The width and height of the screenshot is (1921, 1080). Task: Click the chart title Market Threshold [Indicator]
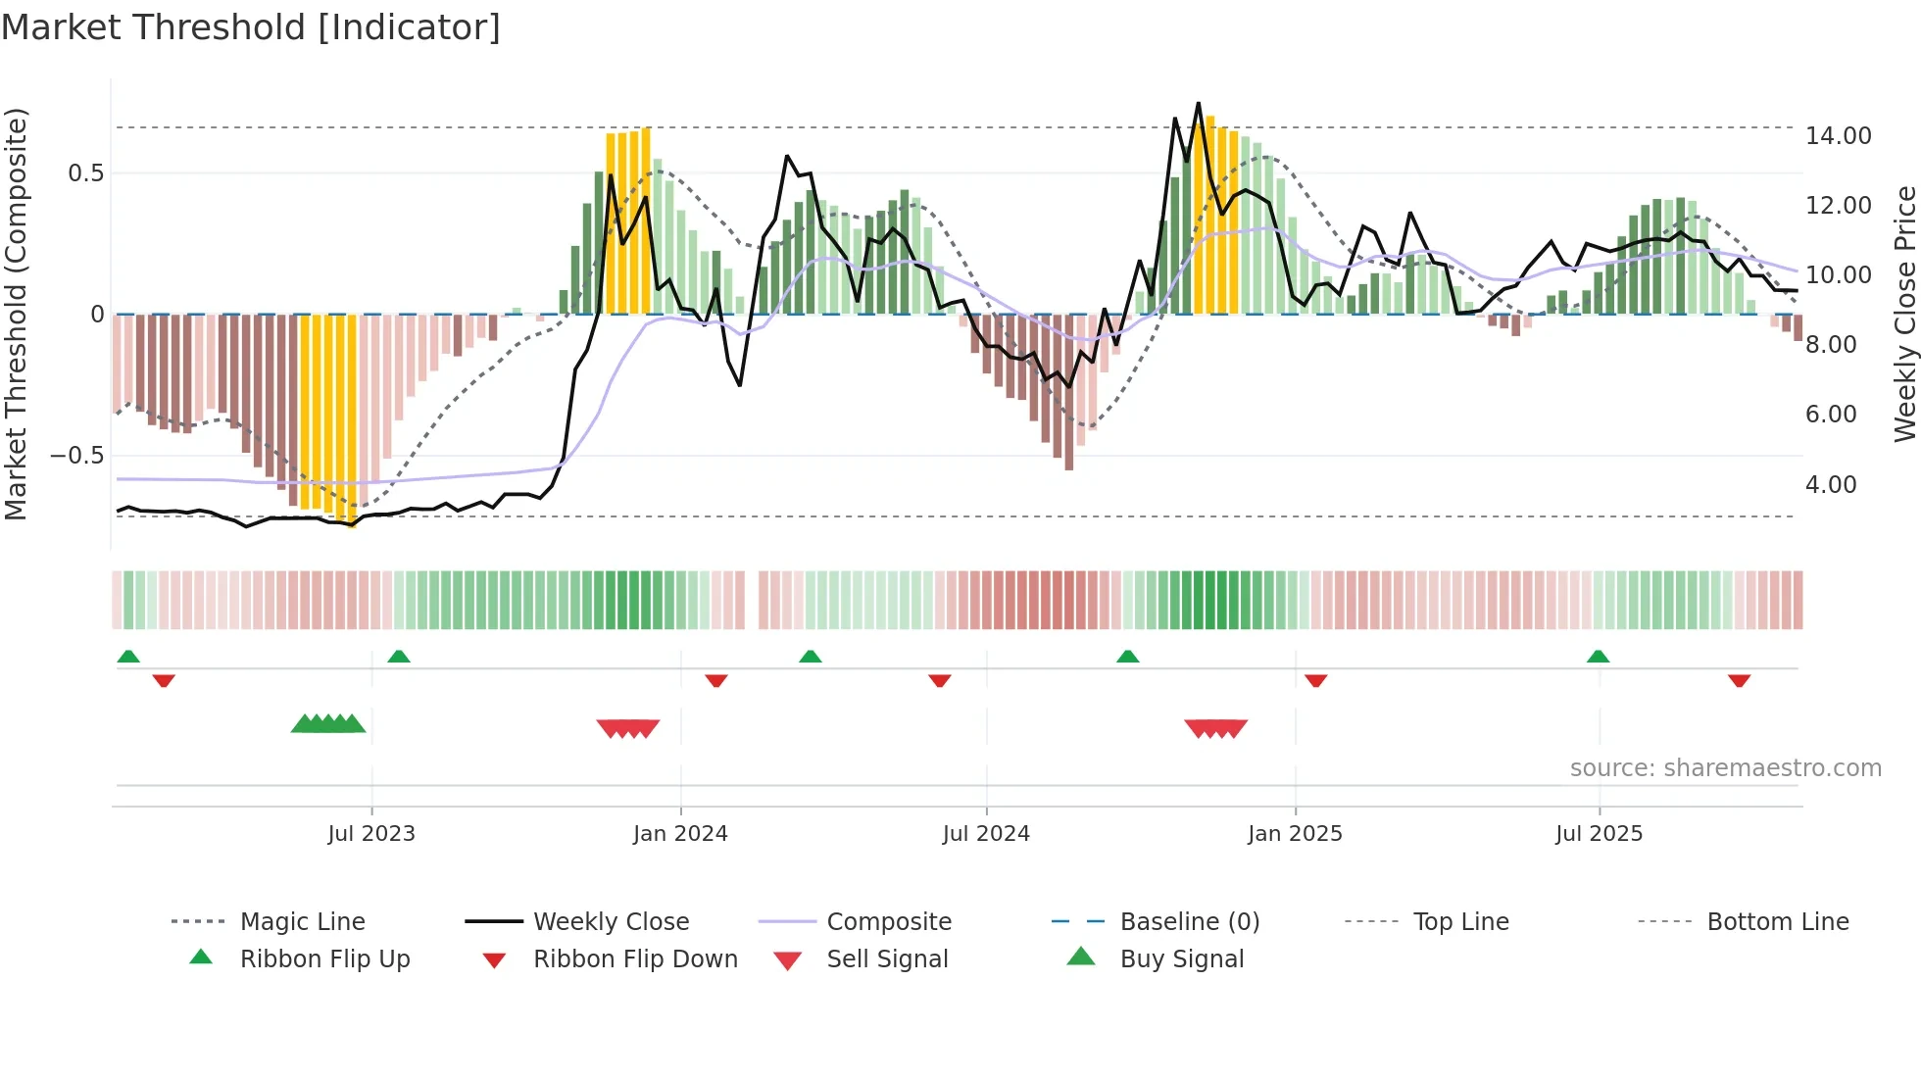point(251,27)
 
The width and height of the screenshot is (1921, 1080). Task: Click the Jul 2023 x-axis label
point(371,834)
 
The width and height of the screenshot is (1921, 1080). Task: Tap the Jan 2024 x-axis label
point(680,834)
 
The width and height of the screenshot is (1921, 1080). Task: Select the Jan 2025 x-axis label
point(1295,834)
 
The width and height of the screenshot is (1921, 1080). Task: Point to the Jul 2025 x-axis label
point(1599,834)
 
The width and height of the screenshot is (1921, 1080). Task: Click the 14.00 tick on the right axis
point(1838,136)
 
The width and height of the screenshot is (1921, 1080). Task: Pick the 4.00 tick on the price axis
point(1831,485)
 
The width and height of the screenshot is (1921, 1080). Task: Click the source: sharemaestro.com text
point(1725,768)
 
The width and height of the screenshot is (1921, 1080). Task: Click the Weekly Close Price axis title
point(1904,314)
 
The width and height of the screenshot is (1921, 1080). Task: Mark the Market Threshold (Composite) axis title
point(16,314)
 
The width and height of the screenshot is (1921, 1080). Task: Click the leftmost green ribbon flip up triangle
point(128,657)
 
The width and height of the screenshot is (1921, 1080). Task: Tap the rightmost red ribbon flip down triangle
point(1739,680)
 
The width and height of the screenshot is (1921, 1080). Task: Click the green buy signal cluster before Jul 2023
point(328,724)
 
